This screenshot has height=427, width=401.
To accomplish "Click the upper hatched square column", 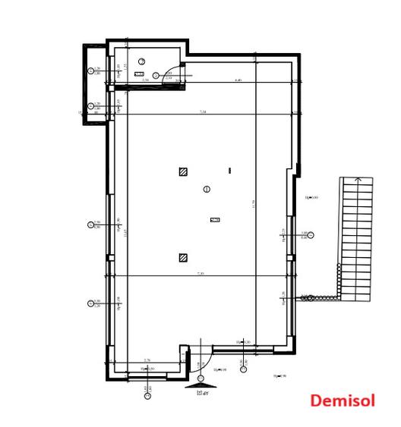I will point(183,171).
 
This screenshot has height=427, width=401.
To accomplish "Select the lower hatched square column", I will point(183,258).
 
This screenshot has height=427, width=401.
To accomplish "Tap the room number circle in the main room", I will point(207,189).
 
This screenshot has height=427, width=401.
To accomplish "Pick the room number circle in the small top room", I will point(141,61).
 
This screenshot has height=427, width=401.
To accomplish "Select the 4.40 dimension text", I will point(238,80).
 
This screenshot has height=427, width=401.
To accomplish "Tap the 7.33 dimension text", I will point(200,272).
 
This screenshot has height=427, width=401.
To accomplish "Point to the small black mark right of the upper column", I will point(229,171).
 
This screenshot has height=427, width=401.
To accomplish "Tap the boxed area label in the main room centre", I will point(215,220).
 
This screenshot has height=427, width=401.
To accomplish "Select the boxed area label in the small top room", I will point(139,74).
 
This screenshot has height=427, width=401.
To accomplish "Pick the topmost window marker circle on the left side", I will point(90,71).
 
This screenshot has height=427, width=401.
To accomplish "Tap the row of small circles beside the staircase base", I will point(308,298).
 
